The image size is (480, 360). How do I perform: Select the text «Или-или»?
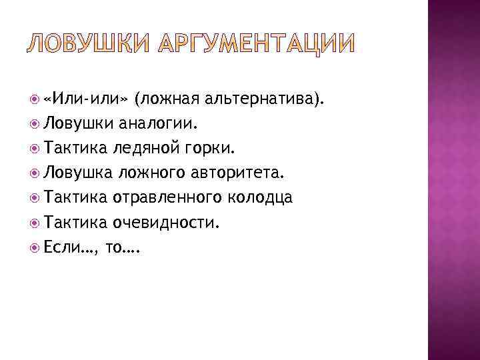tap(84, 99)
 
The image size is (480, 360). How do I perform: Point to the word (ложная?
tap(167, 99)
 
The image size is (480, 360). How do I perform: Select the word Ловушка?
tap(78, 173)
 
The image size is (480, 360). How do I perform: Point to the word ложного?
tap(152, 173)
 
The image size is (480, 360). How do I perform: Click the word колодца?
tap(263, 198)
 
